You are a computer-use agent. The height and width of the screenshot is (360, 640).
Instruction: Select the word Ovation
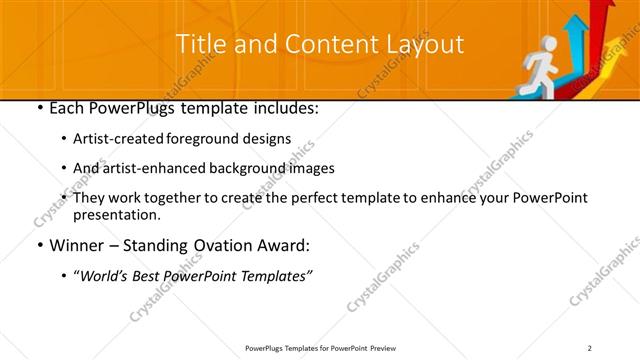click(221, 245)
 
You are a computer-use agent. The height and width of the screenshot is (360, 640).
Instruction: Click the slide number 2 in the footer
click(589, 348)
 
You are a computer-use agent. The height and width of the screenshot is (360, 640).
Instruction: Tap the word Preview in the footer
click(389, 348)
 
